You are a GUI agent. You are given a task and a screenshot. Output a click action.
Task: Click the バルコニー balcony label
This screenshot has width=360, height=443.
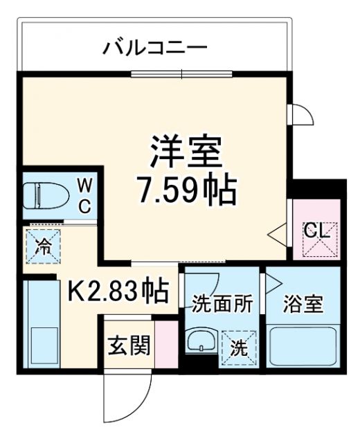(x=155, y=48)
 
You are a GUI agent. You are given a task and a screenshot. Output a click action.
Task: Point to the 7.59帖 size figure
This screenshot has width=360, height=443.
(x=187, y=188)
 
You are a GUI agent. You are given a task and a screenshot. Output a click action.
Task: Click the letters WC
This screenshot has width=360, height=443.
(x=84, y=195)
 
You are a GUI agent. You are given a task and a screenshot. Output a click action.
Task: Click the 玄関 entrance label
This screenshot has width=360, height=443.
(x=129, y=345)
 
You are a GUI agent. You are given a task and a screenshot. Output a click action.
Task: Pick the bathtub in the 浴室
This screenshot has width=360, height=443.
(x=303, y=346)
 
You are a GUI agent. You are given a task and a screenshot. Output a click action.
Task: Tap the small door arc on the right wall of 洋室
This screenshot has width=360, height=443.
(x=298, y=114)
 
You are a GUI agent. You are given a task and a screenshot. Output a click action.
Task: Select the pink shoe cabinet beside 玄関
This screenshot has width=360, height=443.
(x=164, y=344)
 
